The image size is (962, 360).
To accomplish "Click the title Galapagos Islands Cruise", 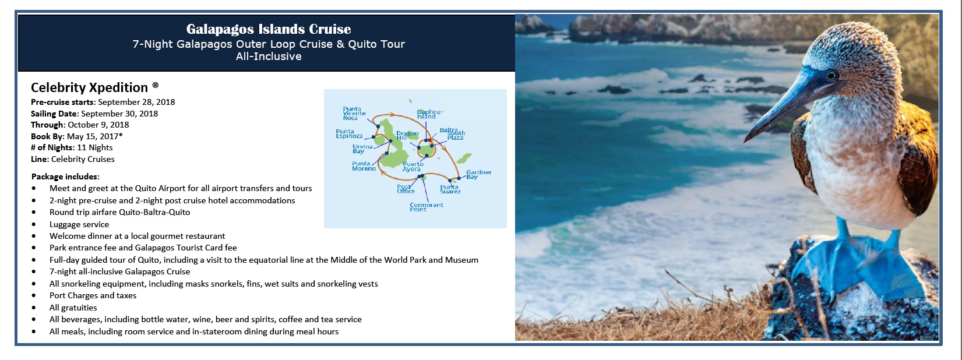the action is (x=269, y=29).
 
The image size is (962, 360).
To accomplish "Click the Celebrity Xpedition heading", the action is (x=89, y=87).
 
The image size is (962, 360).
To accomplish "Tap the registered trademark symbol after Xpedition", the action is (x=156, y=85).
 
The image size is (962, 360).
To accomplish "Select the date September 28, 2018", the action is (x=136, y=103).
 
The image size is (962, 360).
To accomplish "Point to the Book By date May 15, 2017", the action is (x=93, y=136).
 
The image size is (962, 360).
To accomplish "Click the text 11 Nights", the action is (x=95, y=148).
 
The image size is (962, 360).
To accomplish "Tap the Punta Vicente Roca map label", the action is (x=354, y=114).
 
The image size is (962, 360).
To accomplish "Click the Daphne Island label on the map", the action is (x=429, y=114).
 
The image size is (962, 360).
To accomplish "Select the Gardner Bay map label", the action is (x=479, y=174).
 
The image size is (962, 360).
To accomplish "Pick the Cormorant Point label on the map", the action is (x=427, y=207).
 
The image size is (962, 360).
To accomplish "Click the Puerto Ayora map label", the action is (x=413, y=166).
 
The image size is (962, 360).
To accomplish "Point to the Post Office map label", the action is (x=406, y=189).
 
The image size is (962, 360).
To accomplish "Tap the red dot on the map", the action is (x=429, y=140).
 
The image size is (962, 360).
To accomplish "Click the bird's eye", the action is (x=831, y=76).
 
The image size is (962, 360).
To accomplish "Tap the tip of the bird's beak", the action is (x=745, y=140).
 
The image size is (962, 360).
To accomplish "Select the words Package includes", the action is (x=65, y=177).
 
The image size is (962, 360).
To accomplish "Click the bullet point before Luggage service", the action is (x=34, y=225).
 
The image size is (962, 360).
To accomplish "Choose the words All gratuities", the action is (x=73, y=308).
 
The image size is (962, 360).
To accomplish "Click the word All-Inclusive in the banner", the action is (x=269, y=57).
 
